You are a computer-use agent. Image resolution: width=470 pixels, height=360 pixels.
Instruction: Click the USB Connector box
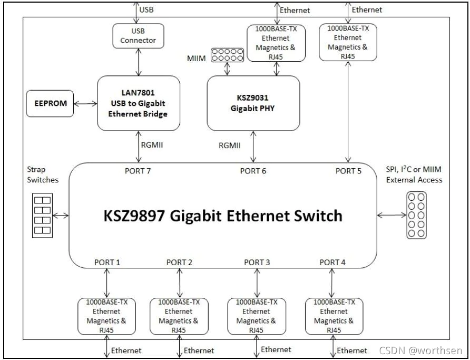tap(139, 35)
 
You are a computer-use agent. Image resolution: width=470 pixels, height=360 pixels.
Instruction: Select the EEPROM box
tap(51, 103)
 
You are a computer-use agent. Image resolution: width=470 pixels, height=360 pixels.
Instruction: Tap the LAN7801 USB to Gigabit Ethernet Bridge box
tap(139, 103)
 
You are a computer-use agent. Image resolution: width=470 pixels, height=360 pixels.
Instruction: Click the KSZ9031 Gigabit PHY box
tap(253, 103)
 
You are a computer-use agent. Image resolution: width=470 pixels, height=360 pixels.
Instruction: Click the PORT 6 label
tap(253, 171)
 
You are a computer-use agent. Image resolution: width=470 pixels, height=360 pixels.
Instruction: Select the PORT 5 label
tap(348, 171)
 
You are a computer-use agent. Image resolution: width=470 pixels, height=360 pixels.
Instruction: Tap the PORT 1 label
tap(107, 262)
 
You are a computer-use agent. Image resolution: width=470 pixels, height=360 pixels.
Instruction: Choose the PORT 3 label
tap(257, 262)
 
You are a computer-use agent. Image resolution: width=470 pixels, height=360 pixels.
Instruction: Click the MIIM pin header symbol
tap(227, 54)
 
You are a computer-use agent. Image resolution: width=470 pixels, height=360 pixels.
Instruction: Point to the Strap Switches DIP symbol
tap(41, 215)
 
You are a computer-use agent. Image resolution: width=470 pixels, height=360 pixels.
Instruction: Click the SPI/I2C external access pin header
tap(417, 215)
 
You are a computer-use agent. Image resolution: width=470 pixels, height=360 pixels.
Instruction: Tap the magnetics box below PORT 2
tap(179, 316)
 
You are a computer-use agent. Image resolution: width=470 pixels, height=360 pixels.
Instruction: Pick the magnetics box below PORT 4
tap(334, 316)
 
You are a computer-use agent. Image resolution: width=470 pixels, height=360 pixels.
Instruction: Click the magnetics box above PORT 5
tap(347, 42)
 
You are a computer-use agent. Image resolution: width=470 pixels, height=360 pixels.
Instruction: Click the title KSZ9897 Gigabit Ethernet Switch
tap(222, 215)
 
